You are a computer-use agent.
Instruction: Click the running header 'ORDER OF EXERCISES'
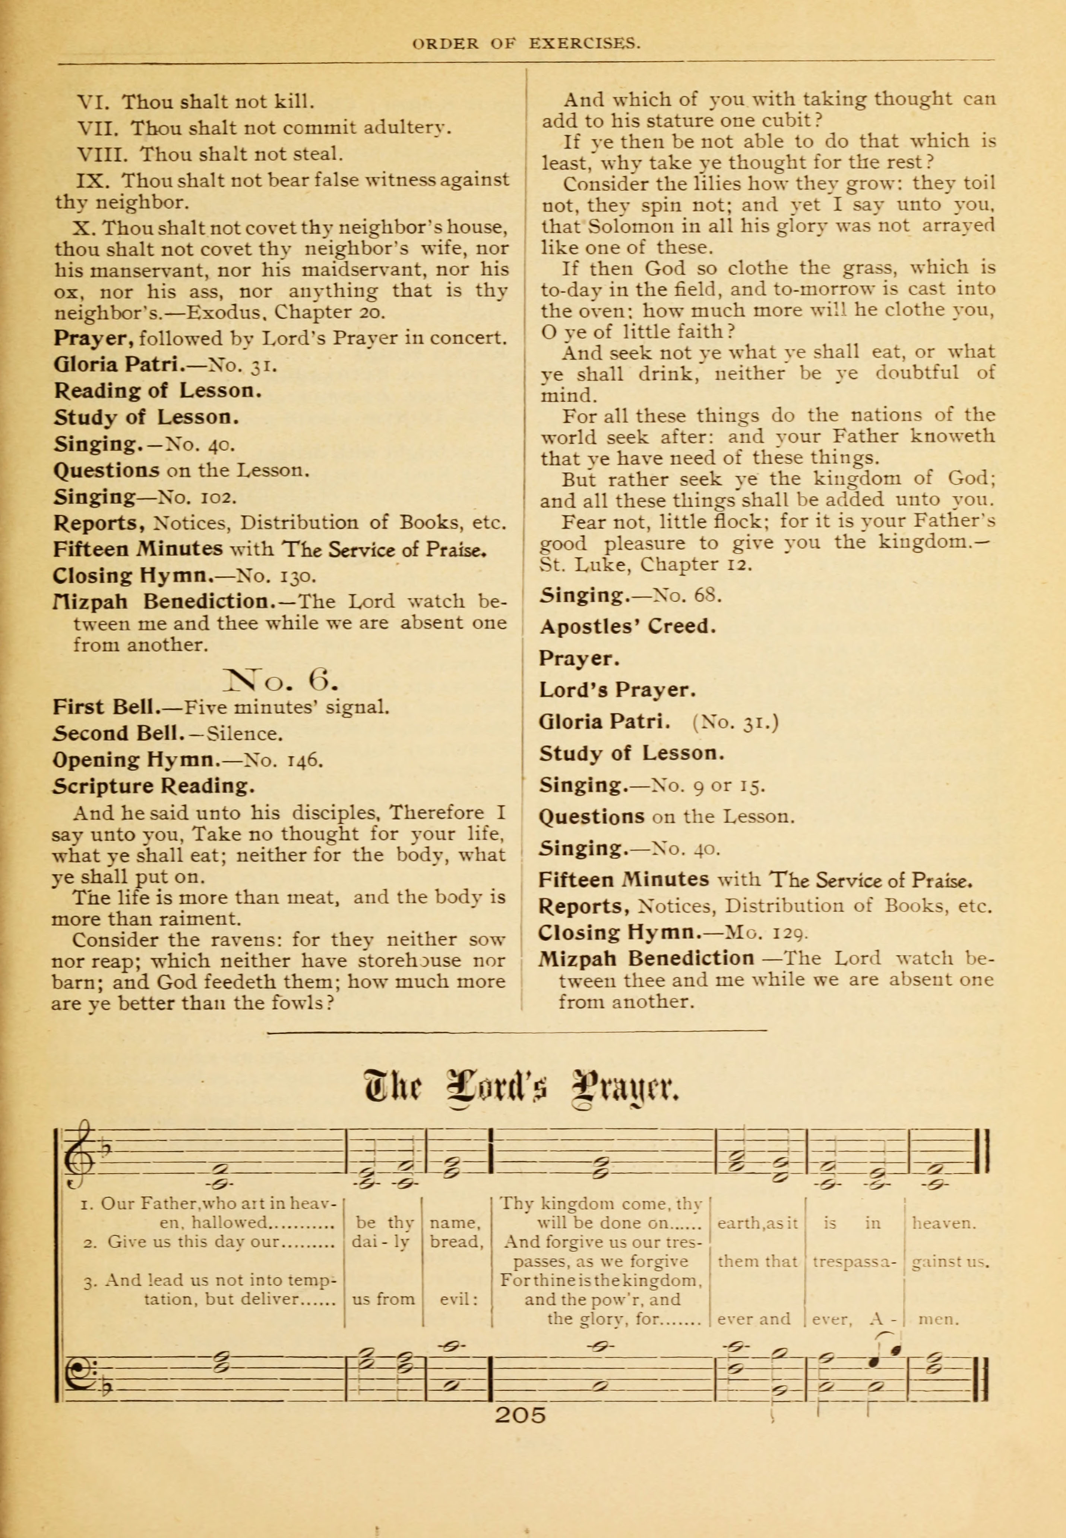pos(527,44)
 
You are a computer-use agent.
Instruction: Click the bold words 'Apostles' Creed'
pos(627,627)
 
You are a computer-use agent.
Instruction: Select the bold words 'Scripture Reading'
pos(154,786)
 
